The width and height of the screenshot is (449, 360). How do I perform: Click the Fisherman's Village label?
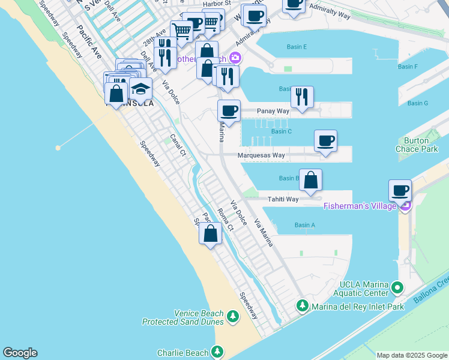360,206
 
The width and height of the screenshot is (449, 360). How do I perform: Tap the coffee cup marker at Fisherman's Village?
400,191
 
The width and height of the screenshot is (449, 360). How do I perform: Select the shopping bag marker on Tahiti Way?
310,180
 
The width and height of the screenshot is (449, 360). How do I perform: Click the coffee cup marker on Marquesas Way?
325,141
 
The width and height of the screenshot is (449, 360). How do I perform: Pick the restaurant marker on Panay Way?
301,97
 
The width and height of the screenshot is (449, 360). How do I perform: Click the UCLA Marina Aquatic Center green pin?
396,289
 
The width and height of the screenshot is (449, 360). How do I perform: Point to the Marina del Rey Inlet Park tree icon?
303,307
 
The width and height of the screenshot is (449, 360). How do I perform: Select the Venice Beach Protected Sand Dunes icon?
218,314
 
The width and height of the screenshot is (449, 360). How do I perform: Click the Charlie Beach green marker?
217,352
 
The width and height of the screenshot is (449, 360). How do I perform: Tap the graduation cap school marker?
140,89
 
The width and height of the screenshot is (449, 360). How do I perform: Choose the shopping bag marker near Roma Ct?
211,233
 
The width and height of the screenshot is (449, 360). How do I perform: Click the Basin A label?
305,225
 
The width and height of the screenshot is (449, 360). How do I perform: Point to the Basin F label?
408,67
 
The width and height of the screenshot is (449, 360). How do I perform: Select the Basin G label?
417,103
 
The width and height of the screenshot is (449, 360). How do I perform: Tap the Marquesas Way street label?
261,155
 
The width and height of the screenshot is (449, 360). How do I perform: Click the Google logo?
20,353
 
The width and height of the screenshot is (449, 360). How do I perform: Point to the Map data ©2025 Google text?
412,355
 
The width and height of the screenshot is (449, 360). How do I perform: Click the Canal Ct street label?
178,145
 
